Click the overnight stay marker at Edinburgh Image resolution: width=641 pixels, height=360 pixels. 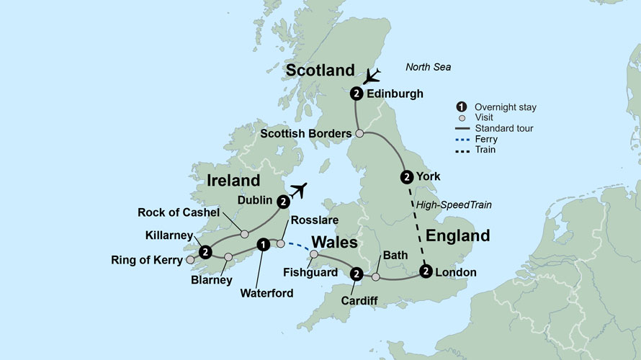357,94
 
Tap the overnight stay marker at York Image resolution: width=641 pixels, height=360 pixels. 407,176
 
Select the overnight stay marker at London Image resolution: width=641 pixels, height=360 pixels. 426,271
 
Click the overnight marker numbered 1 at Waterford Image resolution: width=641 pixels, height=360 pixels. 264,245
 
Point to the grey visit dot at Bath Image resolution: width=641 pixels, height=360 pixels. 375,276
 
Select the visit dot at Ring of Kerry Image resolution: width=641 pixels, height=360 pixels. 190,260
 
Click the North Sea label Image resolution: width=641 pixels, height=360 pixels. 428,67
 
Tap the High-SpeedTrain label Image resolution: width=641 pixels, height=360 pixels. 453,205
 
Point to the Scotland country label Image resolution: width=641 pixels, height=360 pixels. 320,70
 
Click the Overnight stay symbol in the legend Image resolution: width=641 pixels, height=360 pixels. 463,107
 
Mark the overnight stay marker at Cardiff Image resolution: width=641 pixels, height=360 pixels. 357,273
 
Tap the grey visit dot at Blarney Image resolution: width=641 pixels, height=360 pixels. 228,257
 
